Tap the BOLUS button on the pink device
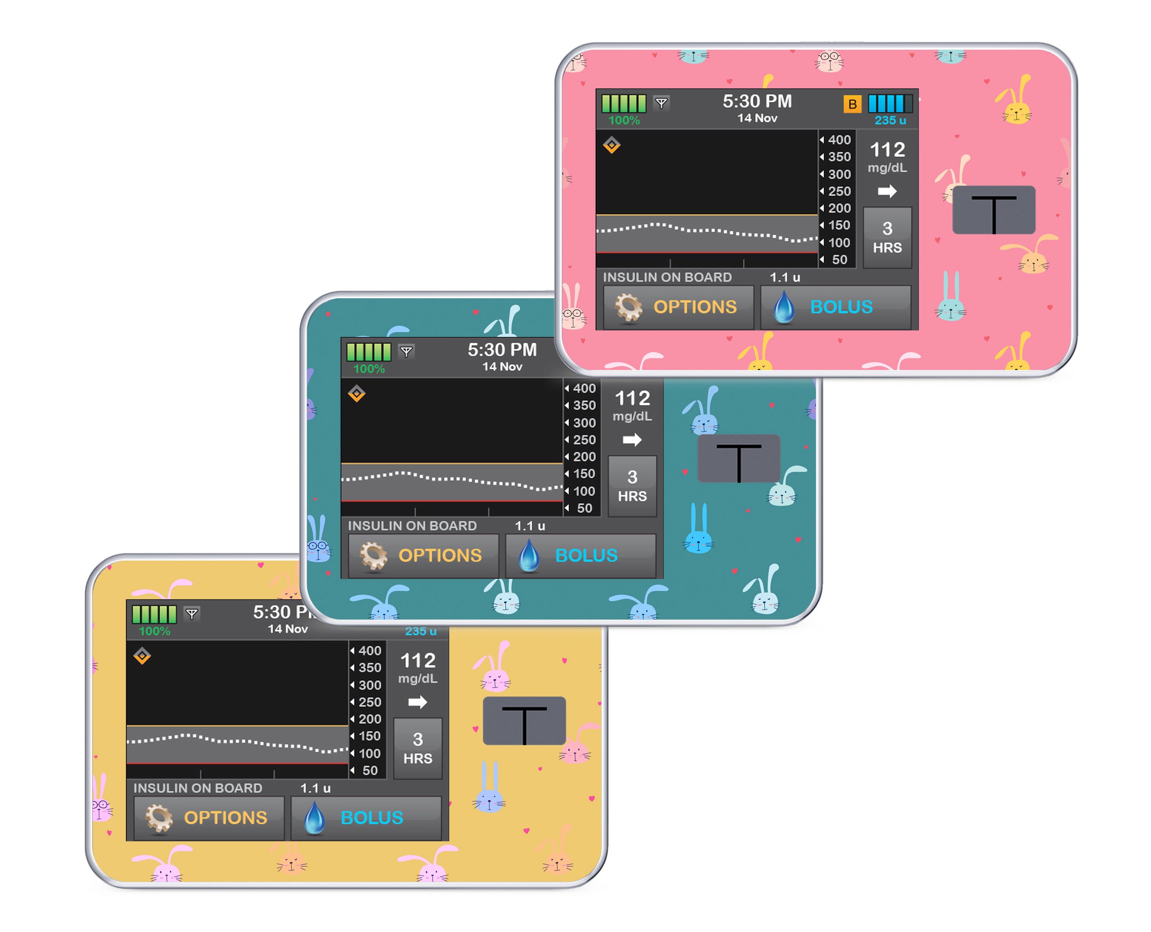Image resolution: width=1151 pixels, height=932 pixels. tap(835, 307)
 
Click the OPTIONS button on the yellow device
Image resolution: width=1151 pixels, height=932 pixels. tap(209, 818)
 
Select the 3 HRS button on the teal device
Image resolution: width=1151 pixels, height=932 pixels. tap(632, 486)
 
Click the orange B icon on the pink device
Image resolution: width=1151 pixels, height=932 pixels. tap(852, 104)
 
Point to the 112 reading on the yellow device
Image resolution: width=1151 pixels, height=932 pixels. tap(418, 660)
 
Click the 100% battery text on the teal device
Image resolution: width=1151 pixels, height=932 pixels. tap(369, 369)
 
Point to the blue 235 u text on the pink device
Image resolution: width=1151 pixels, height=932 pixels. tap(890, 120)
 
